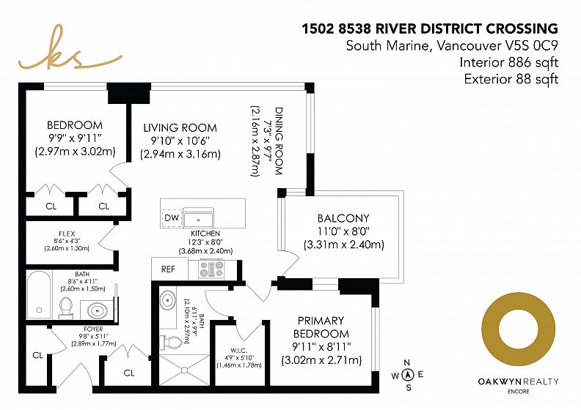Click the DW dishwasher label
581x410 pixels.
pyautogui.click(x=172, y=217)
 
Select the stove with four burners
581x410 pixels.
pyautogui.click(x=212, y=269)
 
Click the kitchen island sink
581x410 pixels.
pyautogui.click(x=199, y=218)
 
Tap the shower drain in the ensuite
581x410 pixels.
pyautogui.click(x=185, y=370)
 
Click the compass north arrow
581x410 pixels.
pyautogui.click(x=408, y=375)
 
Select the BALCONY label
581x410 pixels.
pyautogui.click(x=343, y=218)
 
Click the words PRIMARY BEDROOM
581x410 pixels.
pyautogui.click(x=321, y=327)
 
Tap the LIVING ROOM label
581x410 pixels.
pyautogui.click(x=180, y=128)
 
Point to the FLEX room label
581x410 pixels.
pyautogui.click(x=67, y=234)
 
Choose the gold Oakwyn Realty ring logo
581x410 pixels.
pyautogui.click(x=519, y=329)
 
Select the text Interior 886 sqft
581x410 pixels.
pyautogui.click(x=509, y=62)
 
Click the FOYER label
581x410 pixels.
pyautogui.click(x=93, y=329)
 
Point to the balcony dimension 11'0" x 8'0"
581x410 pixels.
pyautogui.click(x=344, y=231)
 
